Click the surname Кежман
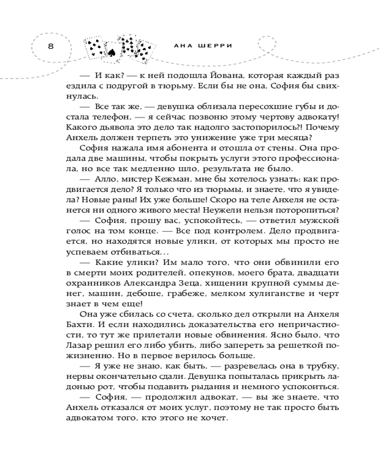[x=153, y=180]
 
